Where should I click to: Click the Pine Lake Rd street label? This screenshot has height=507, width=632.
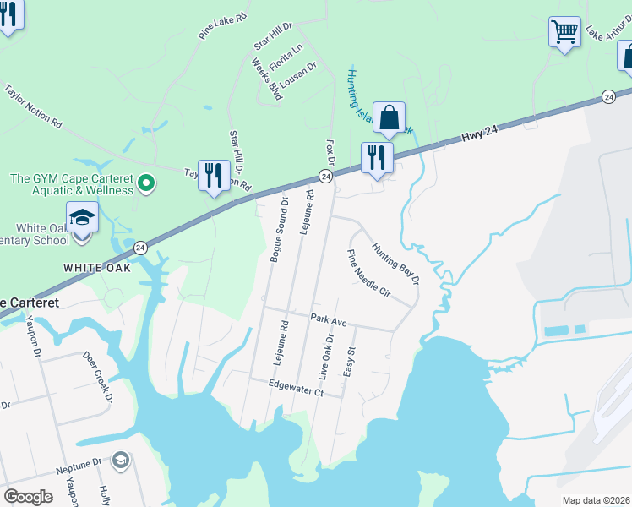pos(223,26)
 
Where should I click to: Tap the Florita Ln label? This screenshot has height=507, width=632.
pos(286,57)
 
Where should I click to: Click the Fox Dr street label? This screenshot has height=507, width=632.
pos(330,153)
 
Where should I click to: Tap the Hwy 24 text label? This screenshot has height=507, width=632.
pos(480,137)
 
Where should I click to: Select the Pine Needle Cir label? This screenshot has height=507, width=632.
pos(369,274)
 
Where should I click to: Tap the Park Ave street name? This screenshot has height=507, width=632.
pos(329,319)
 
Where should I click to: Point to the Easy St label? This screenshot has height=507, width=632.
pos(350,361)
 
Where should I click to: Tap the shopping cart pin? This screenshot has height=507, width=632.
pos(564,33)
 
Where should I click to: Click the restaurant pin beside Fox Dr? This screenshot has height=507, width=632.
pos(377,158)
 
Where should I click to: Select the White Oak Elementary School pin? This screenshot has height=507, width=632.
pos(83,219)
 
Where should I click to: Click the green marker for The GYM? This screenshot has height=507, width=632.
pos(147,183)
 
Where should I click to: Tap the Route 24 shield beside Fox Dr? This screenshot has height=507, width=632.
pos(325,176)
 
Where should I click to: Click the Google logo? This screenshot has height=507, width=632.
pos(28,496)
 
